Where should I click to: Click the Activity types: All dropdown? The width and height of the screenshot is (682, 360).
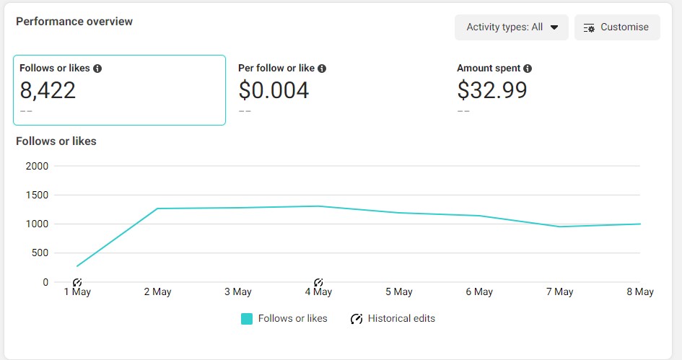click(x=512, y=27)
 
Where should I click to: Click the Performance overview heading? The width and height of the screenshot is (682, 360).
click(x=74, y=22)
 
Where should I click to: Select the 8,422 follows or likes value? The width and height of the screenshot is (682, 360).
click(x=48, y=90)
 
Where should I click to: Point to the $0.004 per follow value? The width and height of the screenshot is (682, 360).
click(x=274, y=90)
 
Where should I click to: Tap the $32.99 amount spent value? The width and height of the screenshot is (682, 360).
click(x=492, y=90)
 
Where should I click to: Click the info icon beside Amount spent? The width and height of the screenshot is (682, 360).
click(x=528, y=69)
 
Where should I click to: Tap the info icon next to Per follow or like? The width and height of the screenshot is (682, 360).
click(x=322, y=69)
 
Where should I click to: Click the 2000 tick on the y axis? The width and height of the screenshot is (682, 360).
click(x=37, y=166)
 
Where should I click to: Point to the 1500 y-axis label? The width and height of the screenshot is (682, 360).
click(x=37, y=195)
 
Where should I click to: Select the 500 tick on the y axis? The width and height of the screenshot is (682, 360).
click(x=39, y=253)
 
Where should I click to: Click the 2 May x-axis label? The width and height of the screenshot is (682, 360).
click(x=157, y=292)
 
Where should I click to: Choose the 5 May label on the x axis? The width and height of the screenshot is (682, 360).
click(x=398, y=292)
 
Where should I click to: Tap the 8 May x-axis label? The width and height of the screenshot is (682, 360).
click(x=639, y=292)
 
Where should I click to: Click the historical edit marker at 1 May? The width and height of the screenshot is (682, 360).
click(x=77, y=282)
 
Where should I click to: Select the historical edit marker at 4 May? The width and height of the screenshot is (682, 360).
click(x=318, y=282)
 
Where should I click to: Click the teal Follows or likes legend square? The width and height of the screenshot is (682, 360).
click(x=247, y=319)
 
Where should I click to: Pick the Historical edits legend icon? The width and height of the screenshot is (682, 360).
click(x=357, y=319)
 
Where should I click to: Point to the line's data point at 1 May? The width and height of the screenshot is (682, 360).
click(x=77, y=266)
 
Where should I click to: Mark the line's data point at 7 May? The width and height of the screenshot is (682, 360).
click(x=559, y=227)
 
